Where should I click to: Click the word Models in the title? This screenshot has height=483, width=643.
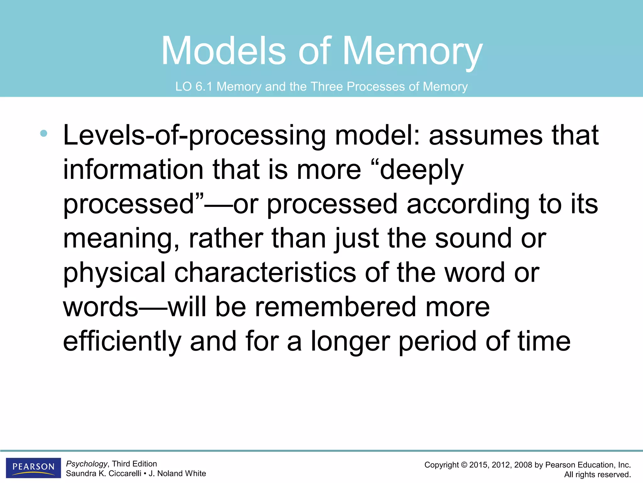tap(223, 51)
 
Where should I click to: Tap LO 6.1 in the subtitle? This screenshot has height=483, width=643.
tap(194, 86)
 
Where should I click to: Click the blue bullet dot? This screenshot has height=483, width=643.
tap(44, 133)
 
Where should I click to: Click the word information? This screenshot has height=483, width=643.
tap(133, 170)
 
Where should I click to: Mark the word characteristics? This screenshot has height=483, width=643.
tap(265, 273)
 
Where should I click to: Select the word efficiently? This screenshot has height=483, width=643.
tap(122, 342)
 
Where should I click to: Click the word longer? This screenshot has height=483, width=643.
tap(350, 342)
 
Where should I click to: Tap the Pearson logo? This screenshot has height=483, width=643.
tap(33, 468)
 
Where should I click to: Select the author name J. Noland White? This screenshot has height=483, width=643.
tap(177, 474)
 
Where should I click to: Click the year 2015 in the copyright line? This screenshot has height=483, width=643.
tap(479, 465)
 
